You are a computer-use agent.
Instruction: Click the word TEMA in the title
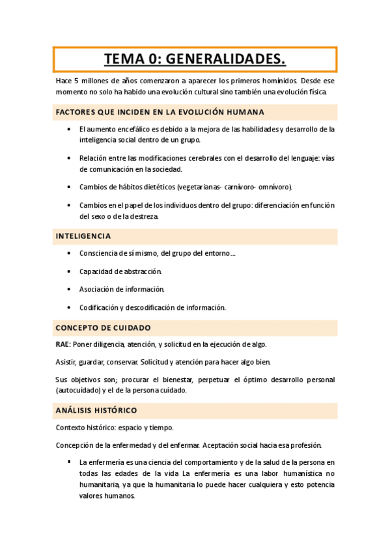[126, 60]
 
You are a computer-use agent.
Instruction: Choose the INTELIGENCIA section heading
[83, 236]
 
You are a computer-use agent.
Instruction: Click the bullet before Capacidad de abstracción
[69, 271]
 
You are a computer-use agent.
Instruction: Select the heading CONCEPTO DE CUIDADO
[104, 327]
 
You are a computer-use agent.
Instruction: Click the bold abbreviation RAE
[63, 344]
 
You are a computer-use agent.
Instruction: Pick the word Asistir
[67, 362]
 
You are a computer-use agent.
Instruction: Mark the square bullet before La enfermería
[69, 462]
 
